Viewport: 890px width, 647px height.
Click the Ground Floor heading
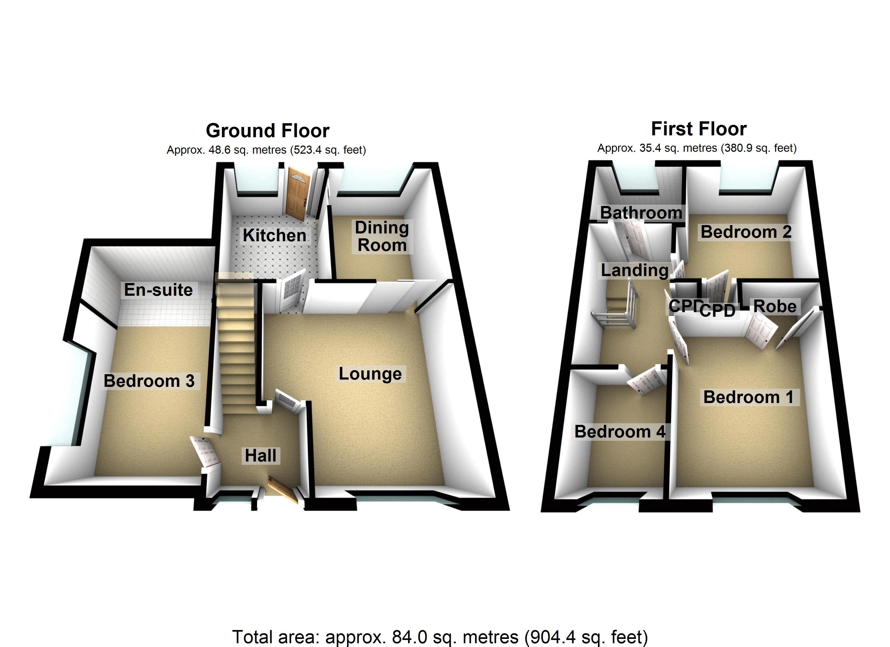pos(267,131)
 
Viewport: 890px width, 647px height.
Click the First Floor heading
pos(699,129)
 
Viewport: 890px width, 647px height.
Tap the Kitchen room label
pos(274,235)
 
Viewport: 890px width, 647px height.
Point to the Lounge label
pos(370,374)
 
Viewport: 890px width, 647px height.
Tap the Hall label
pos(261,456)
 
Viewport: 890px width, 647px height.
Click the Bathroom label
pos(641,213)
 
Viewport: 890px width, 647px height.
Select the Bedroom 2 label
pos(746,232)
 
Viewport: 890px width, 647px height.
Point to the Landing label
pos(635,270)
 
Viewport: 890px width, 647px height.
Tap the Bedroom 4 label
pos(619,432)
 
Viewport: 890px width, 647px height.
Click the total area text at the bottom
pos(440,636)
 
